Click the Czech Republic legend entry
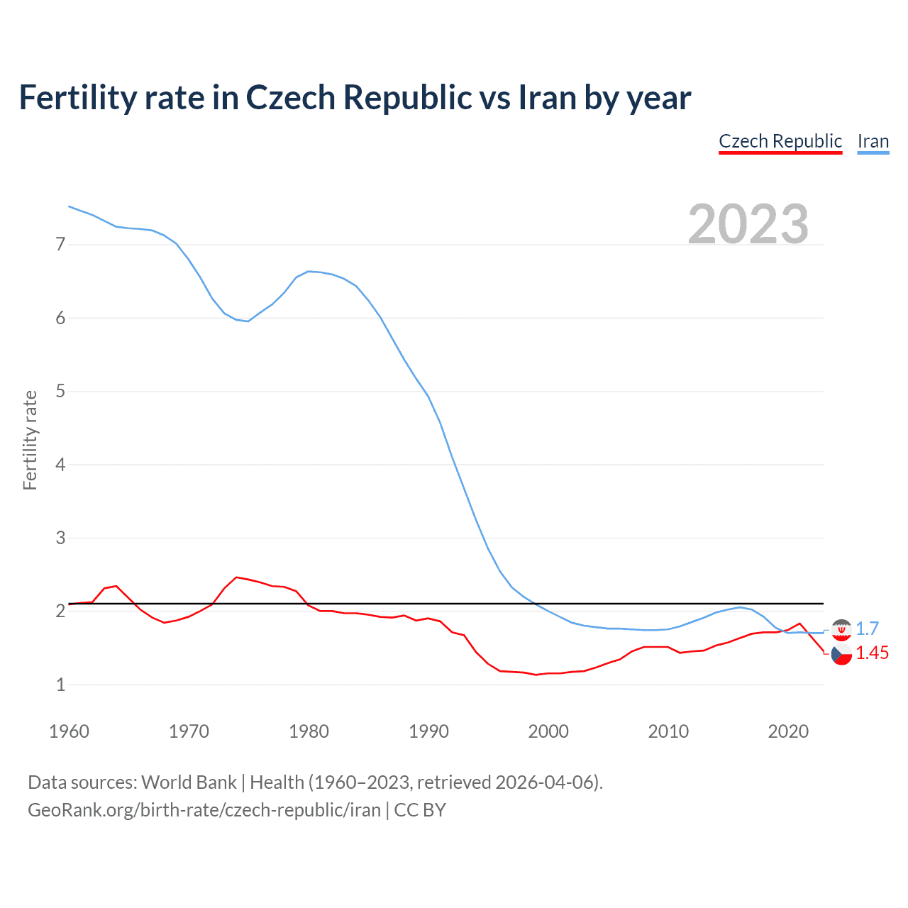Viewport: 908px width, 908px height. (x=780, y=141)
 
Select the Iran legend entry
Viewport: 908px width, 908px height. (x=873, y=141)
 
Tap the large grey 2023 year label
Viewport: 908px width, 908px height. (x=748, y=224)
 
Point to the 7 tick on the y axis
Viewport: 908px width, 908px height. (x=60, y=245)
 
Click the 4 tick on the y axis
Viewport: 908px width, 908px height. (x=60, y=465)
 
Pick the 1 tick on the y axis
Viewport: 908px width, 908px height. (x=60, y=685)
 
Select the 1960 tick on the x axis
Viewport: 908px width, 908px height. (x=69, y=731)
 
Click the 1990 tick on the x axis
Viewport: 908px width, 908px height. (x=428, y=731)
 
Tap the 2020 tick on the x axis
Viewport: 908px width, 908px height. (x=788, y=731)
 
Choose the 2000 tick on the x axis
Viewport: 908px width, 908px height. (x=548, y=731)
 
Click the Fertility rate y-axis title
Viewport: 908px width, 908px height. (x=30, y=440)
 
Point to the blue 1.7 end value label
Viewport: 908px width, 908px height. (x=867, y=629)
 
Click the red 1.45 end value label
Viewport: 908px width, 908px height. (x=872, y=653)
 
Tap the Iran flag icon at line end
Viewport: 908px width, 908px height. (x=841, y=629)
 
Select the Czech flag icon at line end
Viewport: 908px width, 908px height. (x=841, y=655)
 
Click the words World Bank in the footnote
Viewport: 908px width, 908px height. (x=189, y=782)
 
